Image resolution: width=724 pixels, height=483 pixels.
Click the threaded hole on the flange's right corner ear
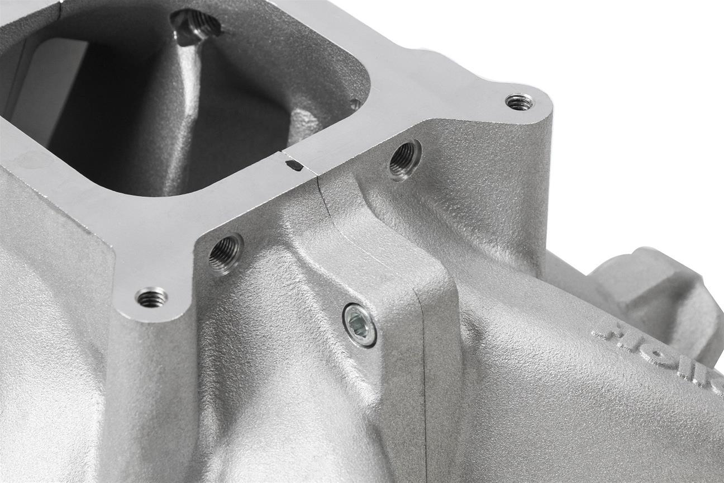pos(519,102)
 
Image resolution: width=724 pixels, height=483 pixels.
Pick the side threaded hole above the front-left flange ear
pos(226,254)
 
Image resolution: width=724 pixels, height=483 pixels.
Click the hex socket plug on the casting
pos(359,325)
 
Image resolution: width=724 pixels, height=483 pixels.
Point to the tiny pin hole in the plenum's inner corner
pos(353,104)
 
